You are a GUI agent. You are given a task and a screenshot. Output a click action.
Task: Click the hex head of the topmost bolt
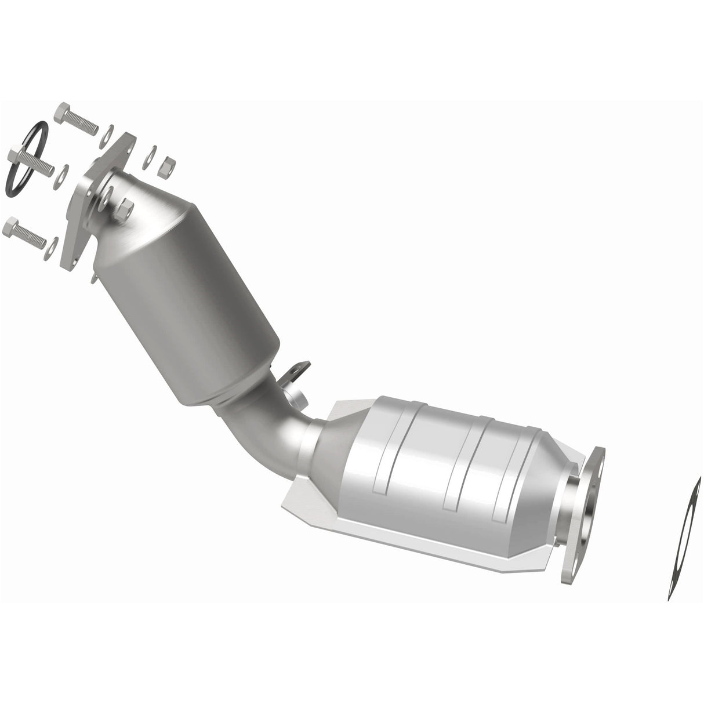click(63, 113)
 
